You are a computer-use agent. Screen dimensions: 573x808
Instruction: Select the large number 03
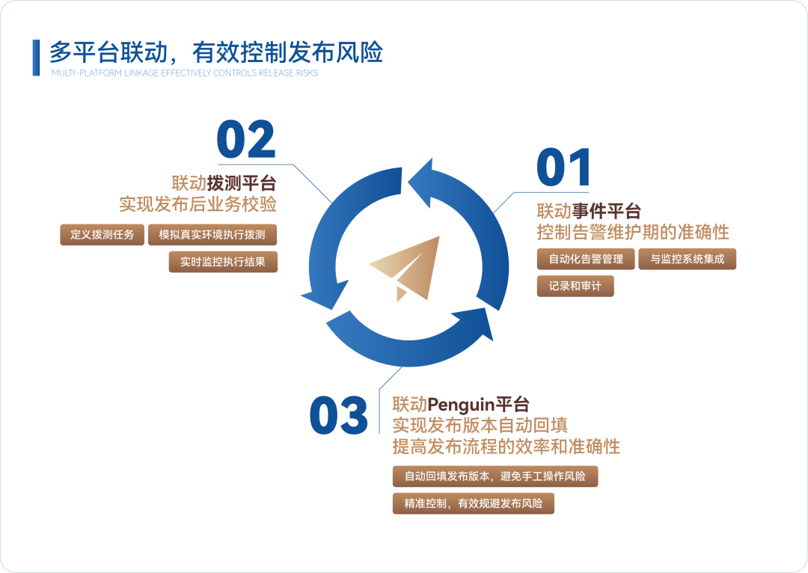(x=339, y=416)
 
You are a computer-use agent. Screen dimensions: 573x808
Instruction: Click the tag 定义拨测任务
(x=102, y=235)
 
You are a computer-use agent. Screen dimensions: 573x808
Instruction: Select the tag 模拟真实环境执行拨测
(x=212, y=235)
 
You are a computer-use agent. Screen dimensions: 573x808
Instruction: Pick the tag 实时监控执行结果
(x=223, y=262)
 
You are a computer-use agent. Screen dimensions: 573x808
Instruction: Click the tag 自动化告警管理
(x=586, y=259)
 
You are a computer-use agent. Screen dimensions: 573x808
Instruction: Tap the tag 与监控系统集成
(x=687, y=259)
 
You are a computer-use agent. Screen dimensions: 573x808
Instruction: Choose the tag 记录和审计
(x=575, y=286)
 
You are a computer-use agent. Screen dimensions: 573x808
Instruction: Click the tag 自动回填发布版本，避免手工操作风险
(x=495, y=477)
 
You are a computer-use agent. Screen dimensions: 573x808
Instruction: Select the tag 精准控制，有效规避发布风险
(x=474, y=503)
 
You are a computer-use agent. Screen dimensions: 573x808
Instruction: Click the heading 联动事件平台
(x=589, y=210)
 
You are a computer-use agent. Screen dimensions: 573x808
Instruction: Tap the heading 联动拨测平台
(x=224, y=183)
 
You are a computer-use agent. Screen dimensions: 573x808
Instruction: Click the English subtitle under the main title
(x=185, y=73)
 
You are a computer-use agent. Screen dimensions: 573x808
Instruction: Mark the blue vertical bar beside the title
(x=36, y=57)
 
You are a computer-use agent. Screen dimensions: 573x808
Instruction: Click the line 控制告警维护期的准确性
(x=633, y=231)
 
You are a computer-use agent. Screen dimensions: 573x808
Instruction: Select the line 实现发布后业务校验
(x=198, y=203)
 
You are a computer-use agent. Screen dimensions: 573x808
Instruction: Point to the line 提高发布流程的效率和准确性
(x=506, y=447)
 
